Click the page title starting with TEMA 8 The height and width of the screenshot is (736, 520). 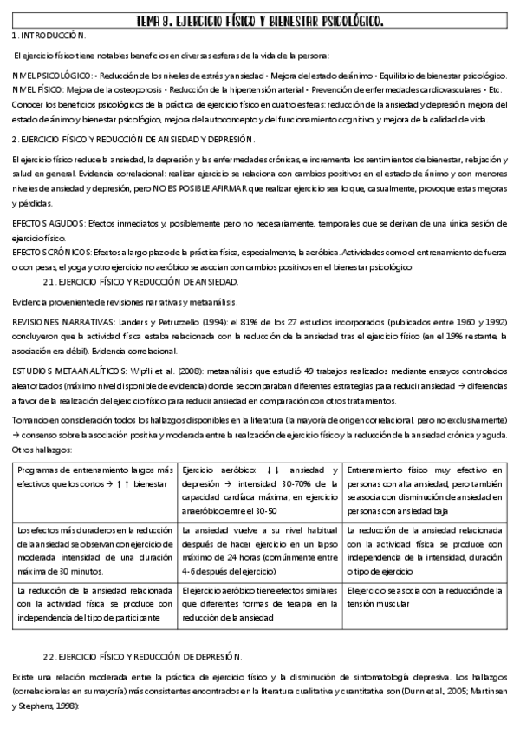pos(260,19)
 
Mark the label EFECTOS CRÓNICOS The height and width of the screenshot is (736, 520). pos(47,252)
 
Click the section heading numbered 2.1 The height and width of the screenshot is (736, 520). pos(140,282)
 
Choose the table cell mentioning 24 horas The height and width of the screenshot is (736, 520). pos(260,548)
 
